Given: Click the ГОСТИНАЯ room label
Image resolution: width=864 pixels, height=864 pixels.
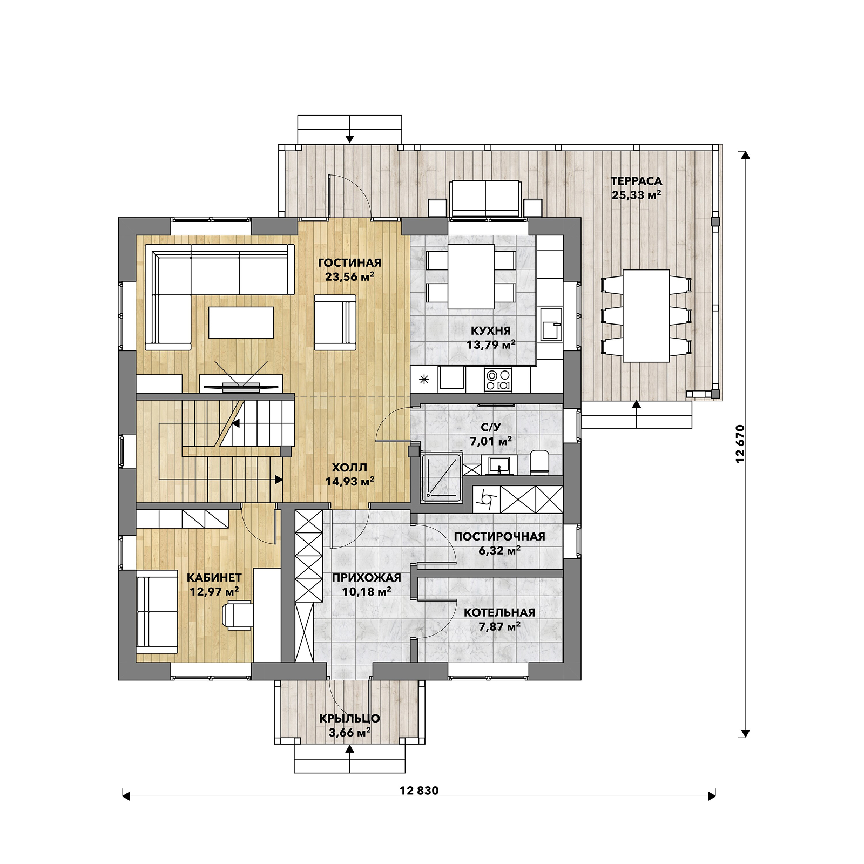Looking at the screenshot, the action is tap(349, 263).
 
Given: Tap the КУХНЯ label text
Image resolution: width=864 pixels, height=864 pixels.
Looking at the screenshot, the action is tap(490, 330).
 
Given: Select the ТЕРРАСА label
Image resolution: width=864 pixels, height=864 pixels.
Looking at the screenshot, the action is tap(636, 181).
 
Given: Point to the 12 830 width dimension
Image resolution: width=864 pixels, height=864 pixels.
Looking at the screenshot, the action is tap(419, 791).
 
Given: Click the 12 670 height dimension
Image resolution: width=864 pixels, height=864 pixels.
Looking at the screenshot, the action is tap(740, 443).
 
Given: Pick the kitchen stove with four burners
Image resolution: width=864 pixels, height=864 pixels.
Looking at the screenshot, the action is tap(498, 379).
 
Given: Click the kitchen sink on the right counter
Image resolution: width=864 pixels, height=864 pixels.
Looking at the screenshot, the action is tap(551, 323).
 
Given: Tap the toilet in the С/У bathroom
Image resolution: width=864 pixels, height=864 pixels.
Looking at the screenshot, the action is tap(539, 463).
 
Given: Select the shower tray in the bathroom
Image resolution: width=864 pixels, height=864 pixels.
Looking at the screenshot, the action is tap(442, 476).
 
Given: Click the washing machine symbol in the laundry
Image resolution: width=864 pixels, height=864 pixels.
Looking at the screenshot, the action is tap(487, 500).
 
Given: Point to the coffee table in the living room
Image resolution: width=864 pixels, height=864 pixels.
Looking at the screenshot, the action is tap(241, 322).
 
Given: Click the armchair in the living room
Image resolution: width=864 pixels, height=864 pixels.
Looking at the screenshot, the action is tap(335, 322).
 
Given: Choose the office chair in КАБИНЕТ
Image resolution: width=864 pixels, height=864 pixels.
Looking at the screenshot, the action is tap(238, 616).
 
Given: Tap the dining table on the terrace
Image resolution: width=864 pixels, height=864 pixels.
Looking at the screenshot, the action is tap(646, 316).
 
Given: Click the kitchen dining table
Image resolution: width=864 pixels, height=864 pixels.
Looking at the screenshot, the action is tap(471, 276).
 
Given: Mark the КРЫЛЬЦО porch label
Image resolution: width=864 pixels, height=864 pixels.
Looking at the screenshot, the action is tap(349, 719).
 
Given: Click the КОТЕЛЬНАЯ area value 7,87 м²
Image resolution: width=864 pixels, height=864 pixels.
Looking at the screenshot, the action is tap(500, 626).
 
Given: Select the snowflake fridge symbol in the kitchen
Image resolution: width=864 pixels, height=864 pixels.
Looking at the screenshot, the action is tap(424, 379).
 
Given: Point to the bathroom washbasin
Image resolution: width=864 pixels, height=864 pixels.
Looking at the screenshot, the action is tap(499, 464).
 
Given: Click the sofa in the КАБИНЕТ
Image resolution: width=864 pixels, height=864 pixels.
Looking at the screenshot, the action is tap(157, 612).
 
